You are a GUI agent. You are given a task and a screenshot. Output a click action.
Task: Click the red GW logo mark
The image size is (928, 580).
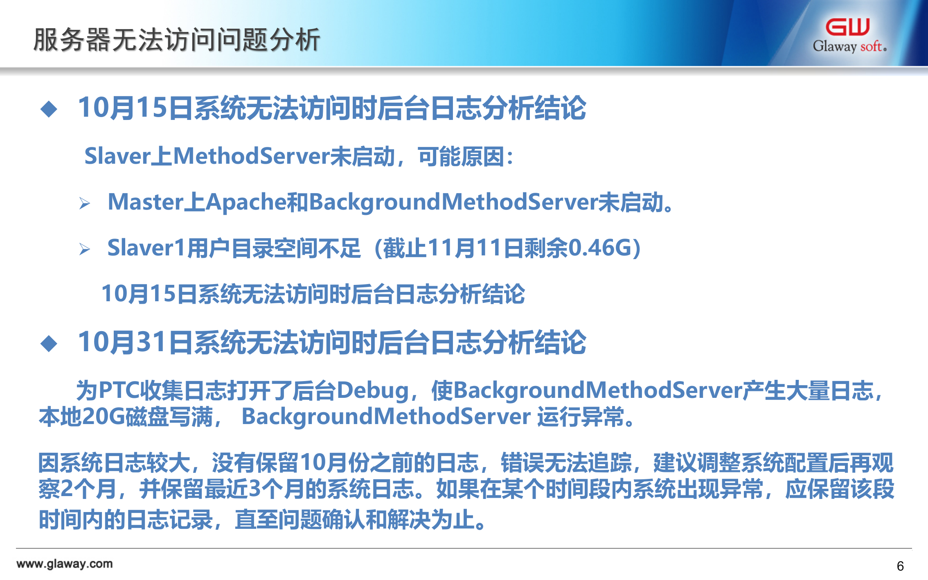click(x=847, y=27)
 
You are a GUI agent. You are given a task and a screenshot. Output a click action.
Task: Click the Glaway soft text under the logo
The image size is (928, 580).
click(x=849, y=46)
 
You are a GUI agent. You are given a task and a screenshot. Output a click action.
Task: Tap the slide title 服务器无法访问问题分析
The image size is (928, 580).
click(x=176, y=40)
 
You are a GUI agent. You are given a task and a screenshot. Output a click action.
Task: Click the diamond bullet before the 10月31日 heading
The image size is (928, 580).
click(x=49, y=343)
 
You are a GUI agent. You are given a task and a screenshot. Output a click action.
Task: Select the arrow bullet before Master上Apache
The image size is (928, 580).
click(x=85, y=203)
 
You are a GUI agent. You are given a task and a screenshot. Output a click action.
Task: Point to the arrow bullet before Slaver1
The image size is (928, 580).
click(x=85, y=249)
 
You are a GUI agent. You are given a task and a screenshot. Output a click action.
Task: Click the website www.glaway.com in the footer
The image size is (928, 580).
click(x=65, y=564)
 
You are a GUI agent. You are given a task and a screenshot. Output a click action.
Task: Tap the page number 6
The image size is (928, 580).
click(x=900, y=566)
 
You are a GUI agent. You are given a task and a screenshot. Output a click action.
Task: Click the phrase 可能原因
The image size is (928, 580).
click(x=461, y=156)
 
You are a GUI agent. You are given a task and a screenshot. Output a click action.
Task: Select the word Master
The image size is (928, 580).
click(x=146, y=202)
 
